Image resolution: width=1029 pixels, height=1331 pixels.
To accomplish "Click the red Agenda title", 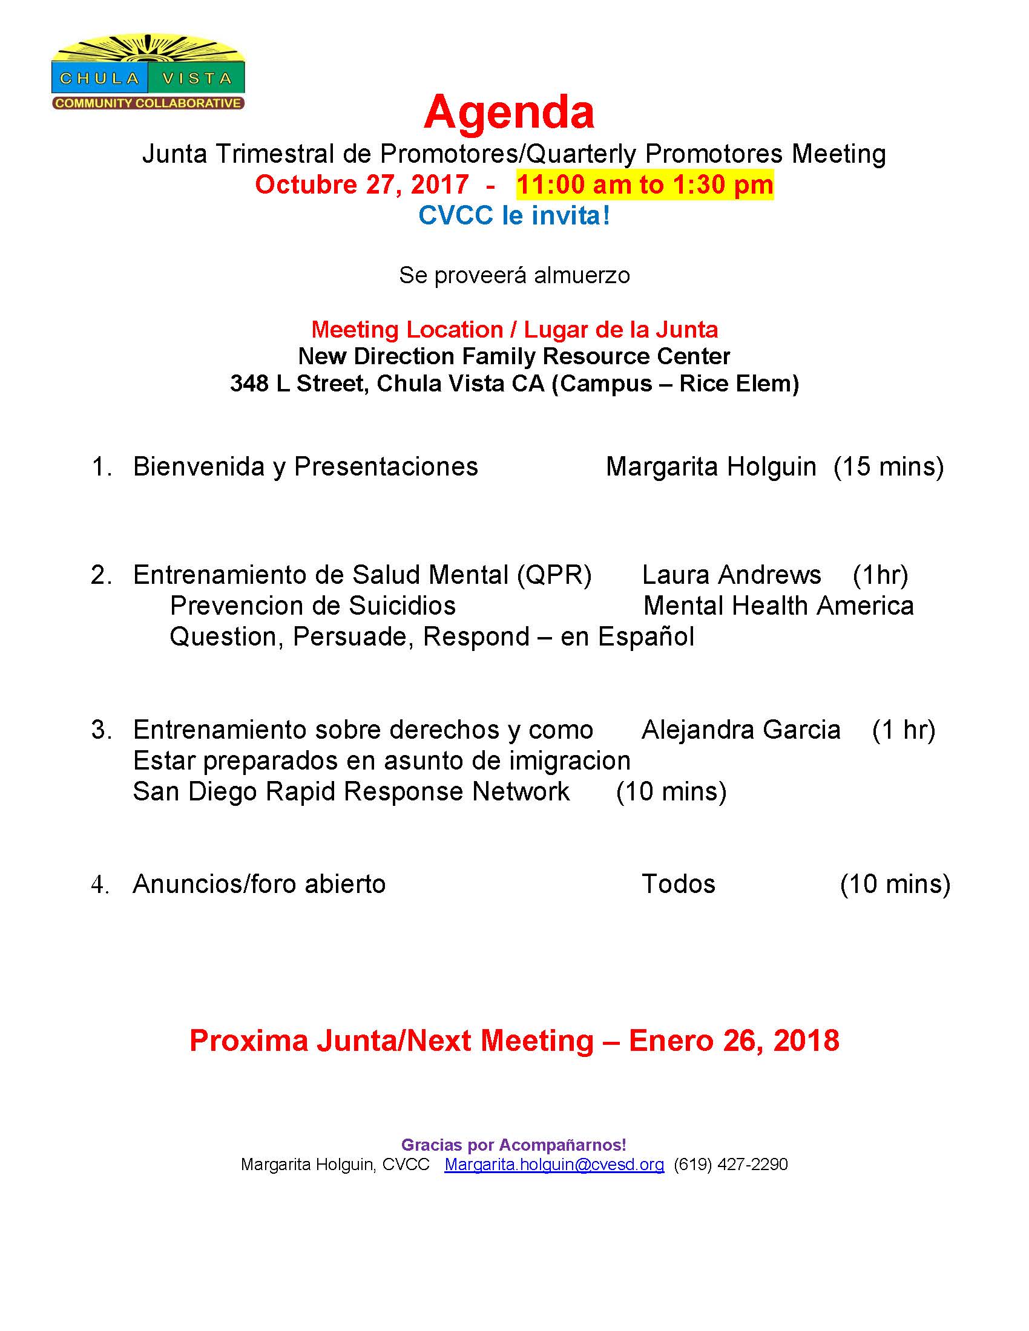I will point(509,113).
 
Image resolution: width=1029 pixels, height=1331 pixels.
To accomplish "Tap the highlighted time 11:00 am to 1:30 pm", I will point(645,185).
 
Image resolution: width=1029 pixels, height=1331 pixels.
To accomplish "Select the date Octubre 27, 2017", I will point(361,185).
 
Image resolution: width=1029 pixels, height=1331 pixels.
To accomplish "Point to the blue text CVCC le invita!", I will point(514,216).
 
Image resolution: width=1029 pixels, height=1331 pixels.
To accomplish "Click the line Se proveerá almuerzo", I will point(514,275).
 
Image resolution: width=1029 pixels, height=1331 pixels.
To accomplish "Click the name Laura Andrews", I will point(732,575).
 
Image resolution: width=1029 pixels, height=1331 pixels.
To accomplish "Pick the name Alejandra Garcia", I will point(741,730).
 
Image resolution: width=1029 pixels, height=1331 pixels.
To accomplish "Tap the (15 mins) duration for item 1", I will point(889,467).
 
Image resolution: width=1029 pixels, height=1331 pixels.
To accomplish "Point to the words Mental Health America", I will point(778,606).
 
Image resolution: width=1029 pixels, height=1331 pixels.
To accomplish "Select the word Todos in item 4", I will point(679,885).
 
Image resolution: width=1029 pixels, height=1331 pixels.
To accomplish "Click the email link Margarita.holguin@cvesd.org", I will point(554,1165).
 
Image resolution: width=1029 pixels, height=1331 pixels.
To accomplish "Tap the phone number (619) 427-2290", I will point(731,1165).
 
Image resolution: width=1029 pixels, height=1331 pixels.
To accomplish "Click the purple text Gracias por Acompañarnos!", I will point(514,1145).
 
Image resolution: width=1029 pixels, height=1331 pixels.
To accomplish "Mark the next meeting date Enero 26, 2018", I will point(734,1041).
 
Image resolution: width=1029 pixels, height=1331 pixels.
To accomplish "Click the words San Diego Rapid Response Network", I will point(351,792).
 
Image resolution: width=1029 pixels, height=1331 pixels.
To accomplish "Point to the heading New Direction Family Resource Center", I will point(514,356).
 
